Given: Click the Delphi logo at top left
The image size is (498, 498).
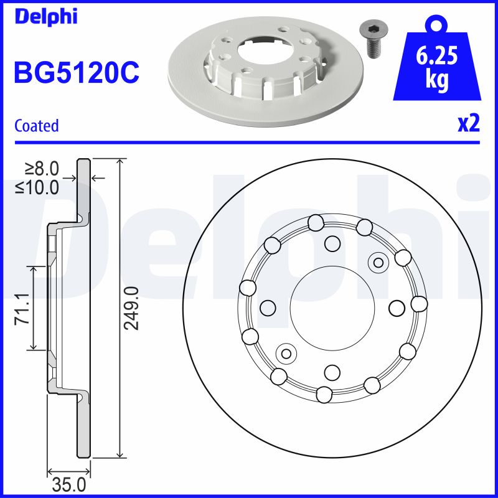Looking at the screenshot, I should (x=45, y=16).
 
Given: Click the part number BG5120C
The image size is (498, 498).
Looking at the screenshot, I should (x=77, y=73).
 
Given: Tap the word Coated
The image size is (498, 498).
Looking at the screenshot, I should (x=36, y=125).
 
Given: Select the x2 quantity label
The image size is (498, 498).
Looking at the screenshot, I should (x=469, y=124).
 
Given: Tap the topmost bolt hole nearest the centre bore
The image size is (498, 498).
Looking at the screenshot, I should (x=333, y=243).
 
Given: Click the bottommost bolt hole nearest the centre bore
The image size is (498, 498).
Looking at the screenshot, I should (x=332, y=372).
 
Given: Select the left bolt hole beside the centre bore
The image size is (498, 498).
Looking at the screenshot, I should (x=268, y=308).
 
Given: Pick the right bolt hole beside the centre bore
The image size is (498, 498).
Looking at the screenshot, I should (x=397, y=308).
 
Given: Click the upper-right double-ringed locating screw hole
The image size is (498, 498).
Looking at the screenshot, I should (x=377, y=262).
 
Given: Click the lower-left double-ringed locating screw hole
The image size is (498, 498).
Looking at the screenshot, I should (x=286, y=354).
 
